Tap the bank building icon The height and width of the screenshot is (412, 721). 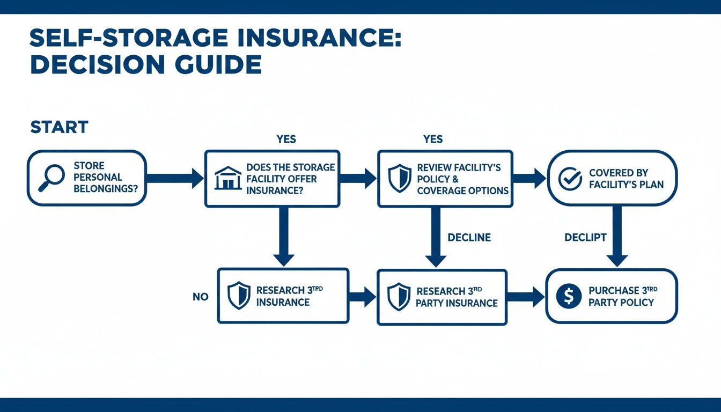coord(227,178)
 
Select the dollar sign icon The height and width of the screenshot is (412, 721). coord(569,296)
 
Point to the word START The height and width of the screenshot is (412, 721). coord(59,128)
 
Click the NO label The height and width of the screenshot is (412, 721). coord(200,297)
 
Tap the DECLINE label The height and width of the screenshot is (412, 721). coord(469,237)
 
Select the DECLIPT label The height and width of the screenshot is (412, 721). coord(585,237)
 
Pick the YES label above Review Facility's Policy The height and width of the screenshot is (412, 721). coord(432,139)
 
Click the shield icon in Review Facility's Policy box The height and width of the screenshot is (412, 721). coord(400,179)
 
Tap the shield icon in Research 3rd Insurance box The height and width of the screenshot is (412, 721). coord(239,296)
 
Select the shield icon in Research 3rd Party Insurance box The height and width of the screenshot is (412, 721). coord(399,297)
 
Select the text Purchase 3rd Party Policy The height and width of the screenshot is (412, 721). coord(622,296)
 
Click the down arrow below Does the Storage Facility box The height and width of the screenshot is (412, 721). coord(284,236)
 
